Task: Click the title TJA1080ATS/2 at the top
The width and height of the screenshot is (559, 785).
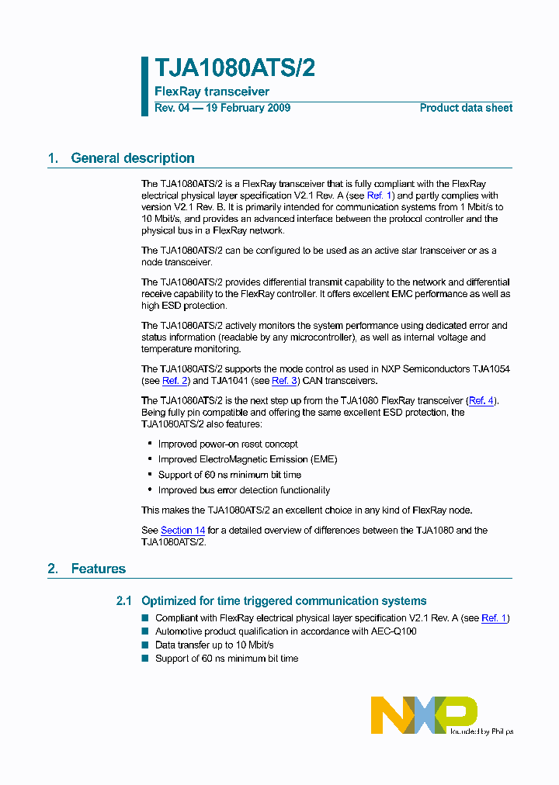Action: coord(234,68)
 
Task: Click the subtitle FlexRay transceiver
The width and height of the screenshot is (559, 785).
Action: coord(212,92)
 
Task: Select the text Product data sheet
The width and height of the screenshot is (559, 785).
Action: coord(466,108)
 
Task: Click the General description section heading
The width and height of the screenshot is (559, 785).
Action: coord(132,158)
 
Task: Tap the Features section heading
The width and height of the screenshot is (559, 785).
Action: coord(98,569)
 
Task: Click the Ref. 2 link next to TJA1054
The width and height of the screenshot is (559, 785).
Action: coord(175,381)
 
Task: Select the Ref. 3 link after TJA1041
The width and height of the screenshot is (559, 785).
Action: coord(284,381)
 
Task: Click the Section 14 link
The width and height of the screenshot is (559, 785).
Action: coord(182,531)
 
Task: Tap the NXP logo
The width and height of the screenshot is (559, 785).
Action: coord(424,714)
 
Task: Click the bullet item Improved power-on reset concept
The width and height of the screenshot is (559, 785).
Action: coord(227,444)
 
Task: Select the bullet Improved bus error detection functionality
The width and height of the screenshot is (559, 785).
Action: coord(244,490)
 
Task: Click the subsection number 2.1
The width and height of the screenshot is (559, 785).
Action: coord(124,601)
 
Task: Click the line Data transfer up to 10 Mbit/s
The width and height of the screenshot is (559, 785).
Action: coord(214,645)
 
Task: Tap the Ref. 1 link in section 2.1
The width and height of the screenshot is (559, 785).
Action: coord(495,618)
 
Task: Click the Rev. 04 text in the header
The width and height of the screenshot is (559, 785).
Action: coord(172,108)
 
